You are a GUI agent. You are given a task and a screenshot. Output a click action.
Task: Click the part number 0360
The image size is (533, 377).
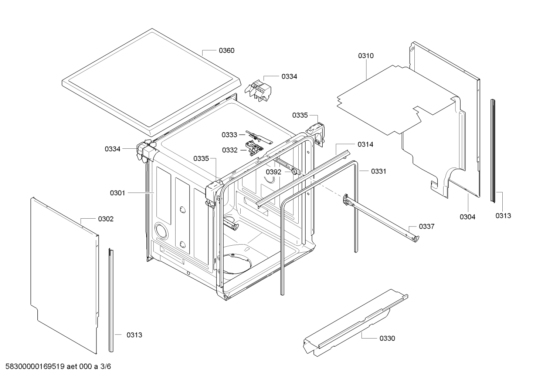pyautogui.click(x=226, y=51)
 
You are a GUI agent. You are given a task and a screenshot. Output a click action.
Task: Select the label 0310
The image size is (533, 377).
pyautogui.click(x=366, y=56)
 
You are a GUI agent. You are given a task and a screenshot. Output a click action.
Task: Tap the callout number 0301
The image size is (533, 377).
pyautogui.click(x=118, y=193)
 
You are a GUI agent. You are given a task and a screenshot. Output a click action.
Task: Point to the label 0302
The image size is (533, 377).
pyautogui.click(x=106, y=219)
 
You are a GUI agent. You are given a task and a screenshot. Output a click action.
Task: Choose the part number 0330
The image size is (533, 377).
pyautogui.click(x=387, y=338)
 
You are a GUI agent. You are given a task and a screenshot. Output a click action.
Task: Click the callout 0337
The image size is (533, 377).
pyautogui.click(x=427, y=226)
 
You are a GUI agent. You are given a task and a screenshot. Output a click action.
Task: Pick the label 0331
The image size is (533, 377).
pyautogui.click(x=378, y=171)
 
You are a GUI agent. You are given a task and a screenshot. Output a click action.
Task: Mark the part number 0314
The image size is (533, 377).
pyautogui.click(x=365, y=145)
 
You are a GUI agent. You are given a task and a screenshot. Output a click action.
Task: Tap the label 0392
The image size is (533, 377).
pyautogui.click(x=274, y=172)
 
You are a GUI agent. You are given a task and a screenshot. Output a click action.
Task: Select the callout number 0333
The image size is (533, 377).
pyautogui.click(x=229, y=135)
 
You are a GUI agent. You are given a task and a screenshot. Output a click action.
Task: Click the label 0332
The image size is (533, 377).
pyautogui.click(x=230, y=150)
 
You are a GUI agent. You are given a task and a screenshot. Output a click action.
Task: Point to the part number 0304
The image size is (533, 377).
pyautogui.click(x=467, y=217)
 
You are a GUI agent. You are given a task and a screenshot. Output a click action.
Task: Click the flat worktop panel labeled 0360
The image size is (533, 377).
pyautogui.click(x=152, y=81)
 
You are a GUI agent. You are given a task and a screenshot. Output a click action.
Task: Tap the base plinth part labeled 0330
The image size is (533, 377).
pyautogui.click(x=355, y=322)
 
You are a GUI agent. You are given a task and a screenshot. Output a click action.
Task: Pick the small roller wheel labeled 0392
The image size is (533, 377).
pyautogui.click(x=294, y=171)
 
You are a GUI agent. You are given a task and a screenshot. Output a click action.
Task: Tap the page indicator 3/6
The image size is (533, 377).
pyautogui.click(x=106, y=367)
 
